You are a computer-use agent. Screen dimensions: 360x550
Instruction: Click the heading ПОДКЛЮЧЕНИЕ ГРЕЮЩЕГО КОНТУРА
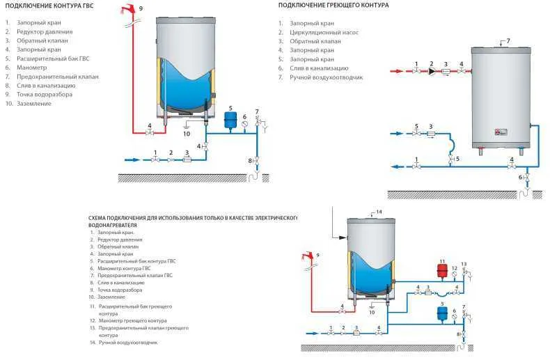pos(333,6)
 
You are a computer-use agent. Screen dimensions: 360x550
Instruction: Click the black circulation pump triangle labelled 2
pos(432,70)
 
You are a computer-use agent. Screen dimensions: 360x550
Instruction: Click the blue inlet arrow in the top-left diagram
pos(132,159)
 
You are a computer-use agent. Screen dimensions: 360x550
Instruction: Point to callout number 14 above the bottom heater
pos(379,211)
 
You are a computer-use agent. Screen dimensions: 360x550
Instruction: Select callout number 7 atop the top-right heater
pos(508,41)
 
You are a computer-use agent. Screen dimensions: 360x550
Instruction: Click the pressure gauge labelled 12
pos(454,276)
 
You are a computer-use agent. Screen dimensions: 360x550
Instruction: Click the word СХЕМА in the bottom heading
pos(100,218)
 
